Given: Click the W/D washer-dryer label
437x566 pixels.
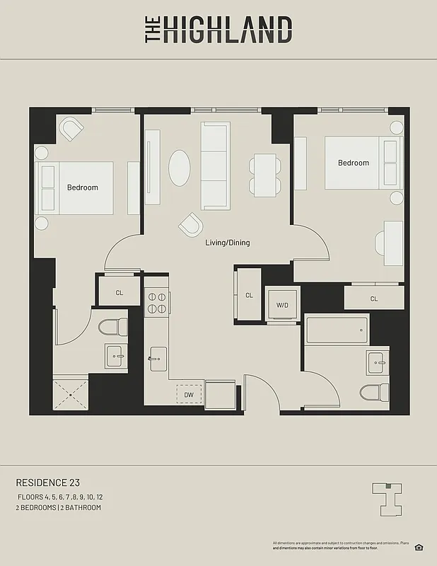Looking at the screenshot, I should [282, 305].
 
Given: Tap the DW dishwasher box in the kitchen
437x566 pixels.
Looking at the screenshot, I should [189, 395].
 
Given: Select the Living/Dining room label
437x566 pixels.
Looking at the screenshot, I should [227, 243].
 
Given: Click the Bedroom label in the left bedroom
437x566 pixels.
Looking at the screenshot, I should [83, 187].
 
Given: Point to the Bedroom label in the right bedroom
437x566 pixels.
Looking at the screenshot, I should [353, 163].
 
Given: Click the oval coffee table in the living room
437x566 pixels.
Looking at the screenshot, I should [179, 168].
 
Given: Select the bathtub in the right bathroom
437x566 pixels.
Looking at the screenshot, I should [337, 330].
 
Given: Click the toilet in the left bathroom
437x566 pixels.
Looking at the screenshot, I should [113, 327].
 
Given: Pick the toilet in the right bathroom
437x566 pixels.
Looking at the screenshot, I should [374, 391].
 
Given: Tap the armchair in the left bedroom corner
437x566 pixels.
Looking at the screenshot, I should [71, 128].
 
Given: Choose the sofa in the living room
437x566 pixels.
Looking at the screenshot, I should [215, 166].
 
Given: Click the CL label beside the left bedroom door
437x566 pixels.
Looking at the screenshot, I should [120, 291].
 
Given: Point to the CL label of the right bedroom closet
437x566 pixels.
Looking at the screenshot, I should [373, 299].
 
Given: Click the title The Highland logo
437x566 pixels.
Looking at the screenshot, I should [218, 30].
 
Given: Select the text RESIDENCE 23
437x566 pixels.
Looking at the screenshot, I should [47, 483].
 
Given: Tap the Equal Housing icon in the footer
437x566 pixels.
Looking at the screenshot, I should [419, 547].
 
